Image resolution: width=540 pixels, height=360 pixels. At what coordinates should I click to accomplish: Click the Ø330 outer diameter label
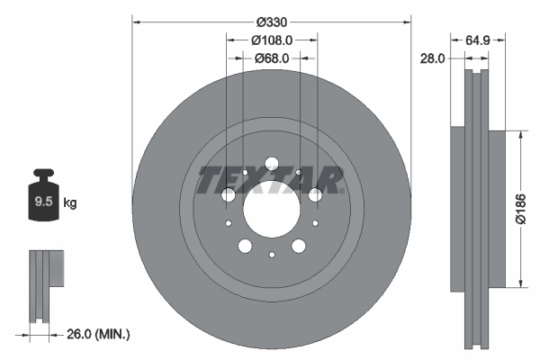tap(271, 22)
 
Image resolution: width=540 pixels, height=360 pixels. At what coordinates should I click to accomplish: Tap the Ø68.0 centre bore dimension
tap(271, 59)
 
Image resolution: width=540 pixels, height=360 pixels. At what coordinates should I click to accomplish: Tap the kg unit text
tap(70, 203)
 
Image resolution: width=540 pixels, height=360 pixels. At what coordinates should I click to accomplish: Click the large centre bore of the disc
tap(271, 209)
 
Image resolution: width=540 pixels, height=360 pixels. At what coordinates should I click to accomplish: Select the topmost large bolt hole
tap(271, 164)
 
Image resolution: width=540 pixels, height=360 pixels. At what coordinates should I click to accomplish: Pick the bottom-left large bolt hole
tap(245, 246)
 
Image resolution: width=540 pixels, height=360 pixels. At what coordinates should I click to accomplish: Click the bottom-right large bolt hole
tap(298, 246)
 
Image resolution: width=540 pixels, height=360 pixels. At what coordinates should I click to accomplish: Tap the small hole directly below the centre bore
tap(271, 256)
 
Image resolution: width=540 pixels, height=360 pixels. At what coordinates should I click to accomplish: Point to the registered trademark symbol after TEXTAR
tap(342, 190)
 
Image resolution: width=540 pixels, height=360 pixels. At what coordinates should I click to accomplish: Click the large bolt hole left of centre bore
tap(228, 195)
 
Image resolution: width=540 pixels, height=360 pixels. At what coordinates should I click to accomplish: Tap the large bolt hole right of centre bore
tap(314, 195)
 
